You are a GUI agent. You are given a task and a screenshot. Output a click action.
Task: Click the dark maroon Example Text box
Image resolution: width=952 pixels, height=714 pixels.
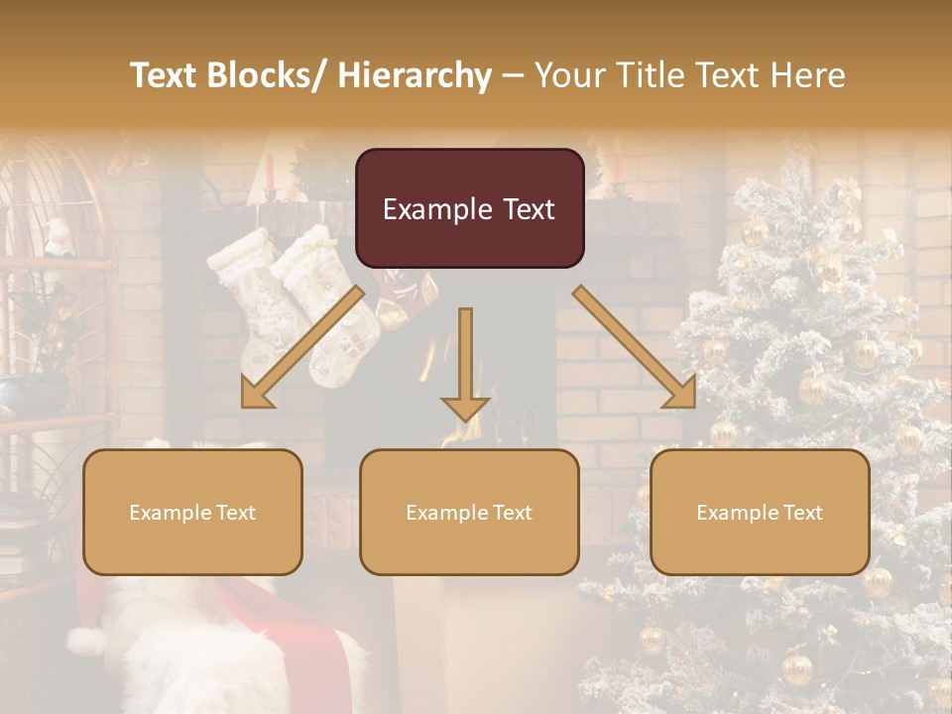point(469,208)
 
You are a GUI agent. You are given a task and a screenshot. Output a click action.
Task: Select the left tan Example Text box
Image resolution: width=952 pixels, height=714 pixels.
point(192,512)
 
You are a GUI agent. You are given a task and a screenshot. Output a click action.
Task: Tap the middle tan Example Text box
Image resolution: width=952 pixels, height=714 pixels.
point(469,512)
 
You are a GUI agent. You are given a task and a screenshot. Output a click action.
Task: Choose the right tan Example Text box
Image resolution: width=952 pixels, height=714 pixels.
point(760,512)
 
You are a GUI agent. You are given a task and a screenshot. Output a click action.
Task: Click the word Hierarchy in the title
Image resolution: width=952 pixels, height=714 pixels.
point(414,75)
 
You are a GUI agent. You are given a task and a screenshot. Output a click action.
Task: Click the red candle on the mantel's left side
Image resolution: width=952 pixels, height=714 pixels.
point(269,171)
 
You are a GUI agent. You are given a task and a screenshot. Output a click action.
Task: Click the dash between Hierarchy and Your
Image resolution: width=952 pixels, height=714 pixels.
point(512,75)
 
